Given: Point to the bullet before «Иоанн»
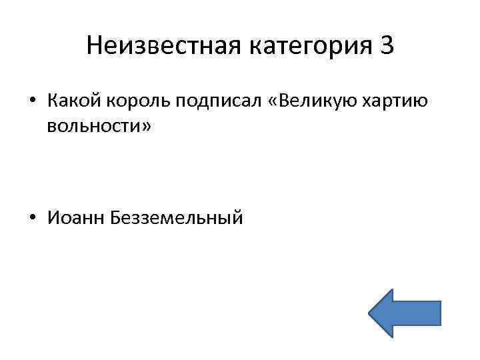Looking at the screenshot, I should tap(33, 218).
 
